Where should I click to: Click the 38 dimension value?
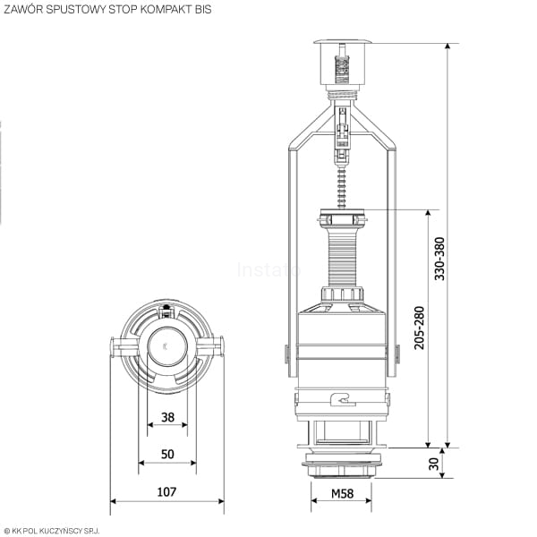[167, 417]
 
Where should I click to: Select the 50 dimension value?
[167, 454]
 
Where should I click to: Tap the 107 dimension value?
[166, 491]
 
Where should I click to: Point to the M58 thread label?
[342, 493]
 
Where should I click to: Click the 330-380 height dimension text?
[439, 259]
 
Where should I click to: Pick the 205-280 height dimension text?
[419, 328]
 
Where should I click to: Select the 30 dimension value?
[433, 464]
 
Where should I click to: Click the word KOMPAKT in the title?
[166, 9]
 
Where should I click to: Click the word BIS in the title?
[203, 9]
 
